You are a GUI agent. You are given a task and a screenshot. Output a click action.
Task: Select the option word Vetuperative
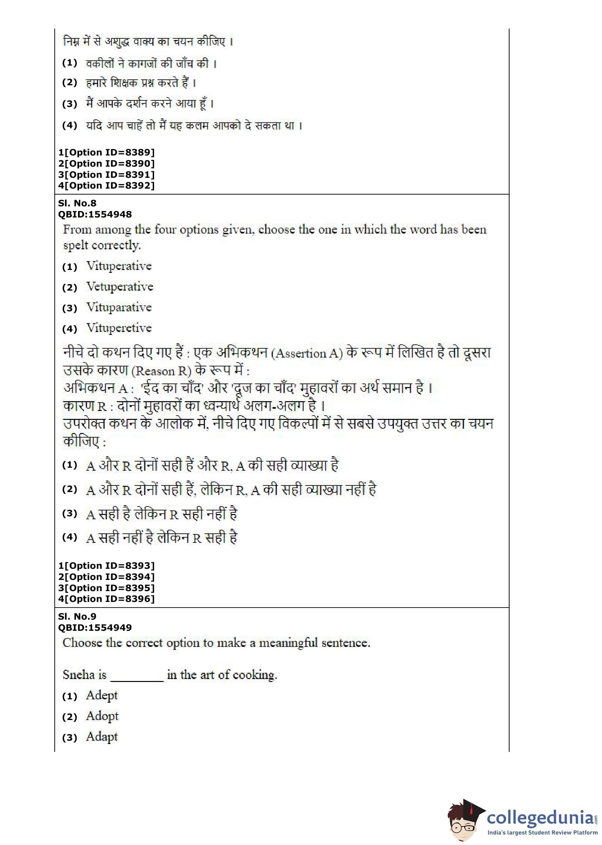point(120,287)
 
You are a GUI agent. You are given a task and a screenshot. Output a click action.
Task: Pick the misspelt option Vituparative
point(119,307)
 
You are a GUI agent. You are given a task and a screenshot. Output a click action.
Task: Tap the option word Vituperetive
point(119,328)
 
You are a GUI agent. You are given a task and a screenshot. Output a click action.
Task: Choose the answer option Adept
point(102,695)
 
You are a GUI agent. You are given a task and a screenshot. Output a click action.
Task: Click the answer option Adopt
point(102,716)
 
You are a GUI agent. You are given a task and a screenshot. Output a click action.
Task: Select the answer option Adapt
point(102,737)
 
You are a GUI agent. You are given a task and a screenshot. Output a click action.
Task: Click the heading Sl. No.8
point(77,203)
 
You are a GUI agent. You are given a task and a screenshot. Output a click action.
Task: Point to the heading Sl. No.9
point(77,617)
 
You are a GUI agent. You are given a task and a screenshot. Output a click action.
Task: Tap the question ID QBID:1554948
point(95,214)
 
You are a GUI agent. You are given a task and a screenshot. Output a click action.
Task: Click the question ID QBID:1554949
point(95,628)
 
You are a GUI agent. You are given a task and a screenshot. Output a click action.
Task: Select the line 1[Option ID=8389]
point(106,153)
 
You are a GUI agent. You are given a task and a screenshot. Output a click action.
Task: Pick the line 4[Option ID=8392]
point(106,185)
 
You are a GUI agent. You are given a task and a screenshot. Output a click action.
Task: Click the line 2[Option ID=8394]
point(106,577)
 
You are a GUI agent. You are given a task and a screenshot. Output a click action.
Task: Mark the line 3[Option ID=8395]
point(106,588)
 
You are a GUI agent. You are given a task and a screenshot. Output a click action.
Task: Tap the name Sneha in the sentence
point(79,674)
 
